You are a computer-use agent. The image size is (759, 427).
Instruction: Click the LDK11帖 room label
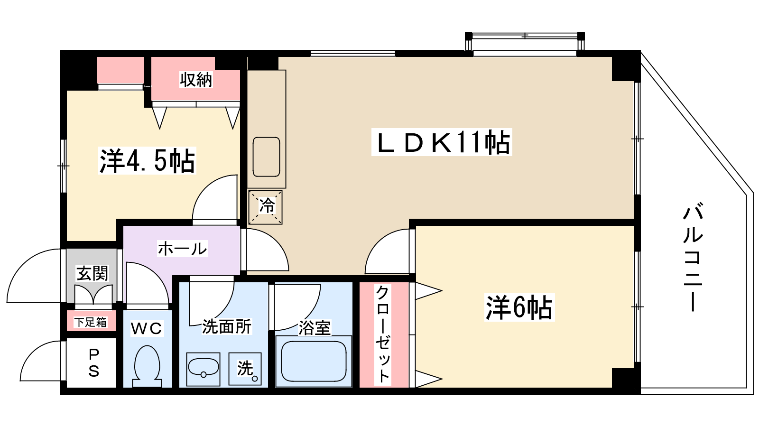click(442, 142)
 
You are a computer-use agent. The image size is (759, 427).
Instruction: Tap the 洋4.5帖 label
click(147, 161)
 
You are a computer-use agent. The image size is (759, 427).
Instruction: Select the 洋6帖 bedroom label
click(519, 307)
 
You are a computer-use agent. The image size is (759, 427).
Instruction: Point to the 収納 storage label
click(196, 80)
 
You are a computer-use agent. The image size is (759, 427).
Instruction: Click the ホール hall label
click(182, 249)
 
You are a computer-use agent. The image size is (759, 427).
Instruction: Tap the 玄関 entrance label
click(92, 273)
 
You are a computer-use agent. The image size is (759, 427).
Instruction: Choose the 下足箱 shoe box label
click(91, 322)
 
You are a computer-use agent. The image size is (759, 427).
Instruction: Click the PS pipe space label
click(93, 363)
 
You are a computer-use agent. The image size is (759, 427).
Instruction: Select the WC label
click(147, 328)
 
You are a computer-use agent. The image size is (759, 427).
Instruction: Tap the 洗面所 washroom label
click(227, 327)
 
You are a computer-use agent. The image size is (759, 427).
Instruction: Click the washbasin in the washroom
click(204, 369)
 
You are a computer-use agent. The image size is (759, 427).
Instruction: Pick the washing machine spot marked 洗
click(245, 369)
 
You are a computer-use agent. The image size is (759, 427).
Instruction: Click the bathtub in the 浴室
click(314, 361)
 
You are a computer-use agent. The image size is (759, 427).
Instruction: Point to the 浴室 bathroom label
click(315, 328)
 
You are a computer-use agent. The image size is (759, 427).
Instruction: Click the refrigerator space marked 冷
click(265, 207)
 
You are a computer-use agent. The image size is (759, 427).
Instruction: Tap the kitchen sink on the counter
click(266, 157)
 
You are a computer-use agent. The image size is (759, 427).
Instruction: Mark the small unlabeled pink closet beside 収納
click(120, 70)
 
